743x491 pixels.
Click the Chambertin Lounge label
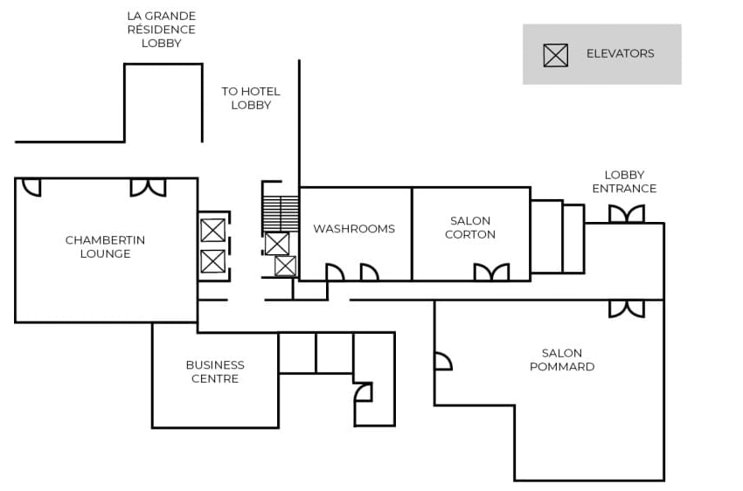(105, 246)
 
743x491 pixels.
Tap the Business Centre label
(215, 371)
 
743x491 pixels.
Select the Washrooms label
(354, 229)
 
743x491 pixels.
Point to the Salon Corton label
(470, 227)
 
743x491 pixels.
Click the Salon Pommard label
(562, 360)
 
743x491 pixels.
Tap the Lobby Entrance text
(624, 182)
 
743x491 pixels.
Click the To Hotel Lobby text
(251, 98)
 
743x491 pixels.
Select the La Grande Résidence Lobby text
(161, 29)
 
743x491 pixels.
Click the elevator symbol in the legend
(555, 55)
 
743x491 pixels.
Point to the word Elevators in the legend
(620, 53)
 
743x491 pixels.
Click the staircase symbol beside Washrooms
(281, 213)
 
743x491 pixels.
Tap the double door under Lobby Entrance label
(626, 214)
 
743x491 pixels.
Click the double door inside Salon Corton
(491, 273)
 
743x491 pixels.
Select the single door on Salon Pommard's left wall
(442, 361)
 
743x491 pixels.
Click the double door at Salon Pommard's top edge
(626, 308)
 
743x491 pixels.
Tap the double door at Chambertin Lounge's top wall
(148, 187)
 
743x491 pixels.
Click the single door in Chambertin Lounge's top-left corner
(31, 187)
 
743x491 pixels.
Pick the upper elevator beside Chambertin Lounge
(212, 231)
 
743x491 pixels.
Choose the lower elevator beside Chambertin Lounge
(212, 261)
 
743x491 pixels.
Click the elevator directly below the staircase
(277, 244)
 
